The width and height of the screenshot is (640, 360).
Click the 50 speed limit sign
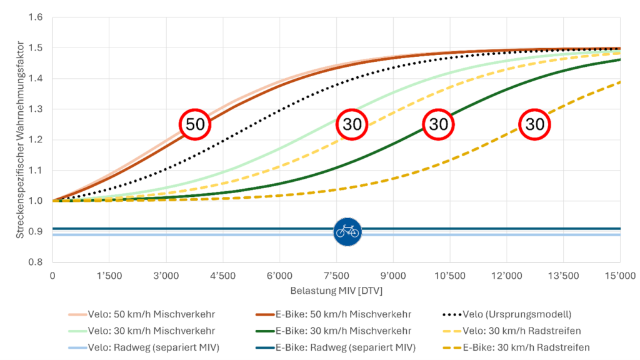195,124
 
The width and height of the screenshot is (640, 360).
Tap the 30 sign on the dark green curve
439,124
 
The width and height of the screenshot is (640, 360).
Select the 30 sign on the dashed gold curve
535,124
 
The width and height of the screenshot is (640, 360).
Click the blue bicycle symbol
347,232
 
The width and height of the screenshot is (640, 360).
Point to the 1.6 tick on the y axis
35,17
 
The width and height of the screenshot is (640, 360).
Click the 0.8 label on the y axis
35,262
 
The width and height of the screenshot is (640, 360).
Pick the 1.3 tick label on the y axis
35,109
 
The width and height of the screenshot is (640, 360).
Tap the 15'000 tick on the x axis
619,276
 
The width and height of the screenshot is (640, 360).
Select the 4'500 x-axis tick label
222,276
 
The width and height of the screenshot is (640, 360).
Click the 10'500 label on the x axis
449,276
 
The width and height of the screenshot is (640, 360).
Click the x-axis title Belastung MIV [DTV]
336,291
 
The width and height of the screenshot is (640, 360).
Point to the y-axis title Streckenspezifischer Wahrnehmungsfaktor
20,139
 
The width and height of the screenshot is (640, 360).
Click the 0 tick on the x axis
52,276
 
